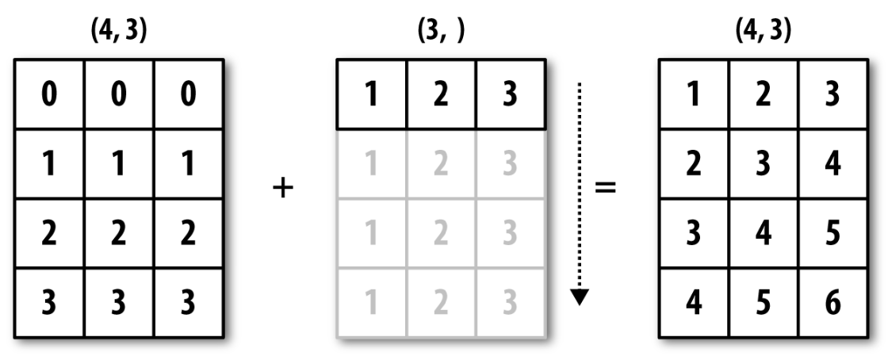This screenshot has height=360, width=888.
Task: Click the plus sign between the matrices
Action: (x=282, y=188)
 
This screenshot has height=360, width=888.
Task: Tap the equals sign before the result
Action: (x=606, y=187)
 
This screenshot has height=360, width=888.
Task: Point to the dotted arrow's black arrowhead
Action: (x=580, y=297)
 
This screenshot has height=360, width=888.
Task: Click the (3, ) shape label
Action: (x=441, y=33)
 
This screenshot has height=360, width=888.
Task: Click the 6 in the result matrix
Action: (x=832, y=303)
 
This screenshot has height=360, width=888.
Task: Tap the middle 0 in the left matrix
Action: (x=118, y=94)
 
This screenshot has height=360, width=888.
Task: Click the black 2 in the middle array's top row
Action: (x=441, y=94)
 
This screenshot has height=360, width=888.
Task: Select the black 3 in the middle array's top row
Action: (x=511, y=94)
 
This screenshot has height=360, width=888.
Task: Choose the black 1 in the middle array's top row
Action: (x=371, y=94)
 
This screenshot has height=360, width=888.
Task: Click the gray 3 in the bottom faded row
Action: (x=511, y=303)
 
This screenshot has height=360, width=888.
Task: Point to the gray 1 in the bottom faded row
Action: (x=371, y=303)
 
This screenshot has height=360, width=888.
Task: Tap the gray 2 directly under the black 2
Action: (x=441, y=164)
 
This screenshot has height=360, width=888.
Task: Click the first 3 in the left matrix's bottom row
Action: (x=49, y=303)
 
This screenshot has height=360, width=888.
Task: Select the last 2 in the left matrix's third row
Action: (x=188, y=233)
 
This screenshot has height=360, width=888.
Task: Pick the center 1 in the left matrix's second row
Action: (x=118, y=164)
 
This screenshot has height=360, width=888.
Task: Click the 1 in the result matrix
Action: (x=694, y=94)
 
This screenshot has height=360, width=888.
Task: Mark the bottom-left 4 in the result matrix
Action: (x=694, y=303)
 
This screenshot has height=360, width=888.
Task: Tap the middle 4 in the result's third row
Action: (x=764, y=233)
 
